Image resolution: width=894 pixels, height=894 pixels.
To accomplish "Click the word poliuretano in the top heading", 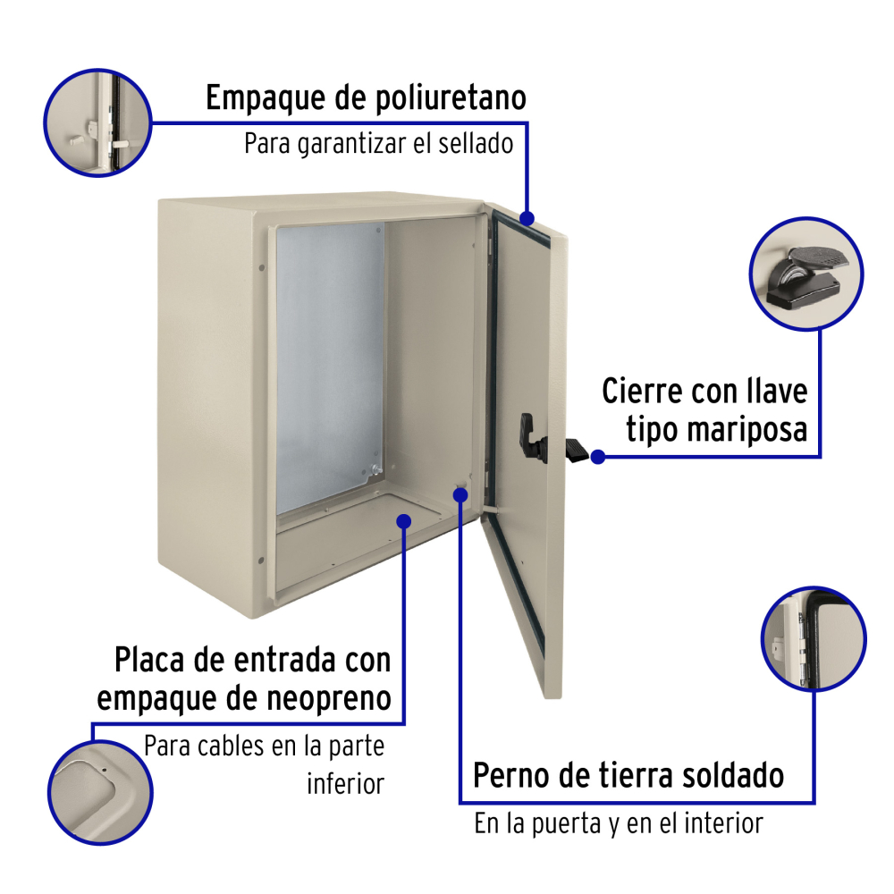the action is [451, 98].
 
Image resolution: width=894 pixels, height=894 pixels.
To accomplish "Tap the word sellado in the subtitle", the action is [476, 143].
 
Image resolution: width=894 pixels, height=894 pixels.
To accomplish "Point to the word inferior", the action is [345, 784].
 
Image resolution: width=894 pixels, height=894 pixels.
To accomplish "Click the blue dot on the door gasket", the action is [527, 218].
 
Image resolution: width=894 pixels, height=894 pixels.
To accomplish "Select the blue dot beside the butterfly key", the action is [597, 457].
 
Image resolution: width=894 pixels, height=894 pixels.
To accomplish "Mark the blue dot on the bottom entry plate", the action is [404, 521].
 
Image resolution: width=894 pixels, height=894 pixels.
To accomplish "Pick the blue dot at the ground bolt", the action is [460, 494].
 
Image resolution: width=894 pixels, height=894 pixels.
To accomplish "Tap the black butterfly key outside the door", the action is [577, 451].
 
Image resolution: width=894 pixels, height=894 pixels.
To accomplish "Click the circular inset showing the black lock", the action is [806, 274].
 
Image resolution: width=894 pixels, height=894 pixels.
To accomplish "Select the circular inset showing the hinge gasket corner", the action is [814, 638].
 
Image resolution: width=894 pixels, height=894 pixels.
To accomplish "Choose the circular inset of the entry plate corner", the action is [100, 792].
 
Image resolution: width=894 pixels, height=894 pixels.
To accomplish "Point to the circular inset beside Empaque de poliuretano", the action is [98, 122].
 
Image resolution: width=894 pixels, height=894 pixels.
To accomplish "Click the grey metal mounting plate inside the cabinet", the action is [330, 367].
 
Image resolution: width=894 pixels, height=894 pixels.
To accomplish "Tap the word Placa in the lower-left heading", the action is [150, 661].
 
